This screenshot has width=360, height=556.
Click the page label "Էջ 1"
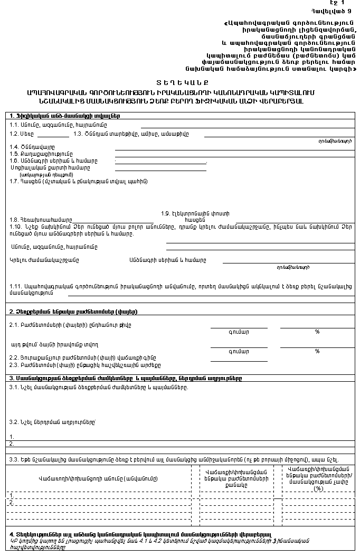[x=344, y=3]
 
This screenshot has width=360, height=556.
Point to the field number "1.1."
[x=14, y=125]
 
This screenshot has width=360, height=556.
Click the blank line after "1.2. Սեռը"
[x=53, y=136]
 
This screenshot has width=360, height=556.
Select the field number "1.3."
[x=79, y=134]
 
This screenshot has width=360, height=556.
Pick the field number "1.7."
[x=14, y=181]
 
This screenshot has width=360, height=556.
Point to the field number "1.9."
[x=167, y=213]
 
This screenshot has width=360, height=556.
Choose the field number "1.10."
[x=16, y=227]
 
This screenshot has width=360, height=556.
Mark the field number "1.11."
[x=16, y=286]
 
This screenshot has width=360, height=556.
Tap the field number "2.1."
[x=14, y=325]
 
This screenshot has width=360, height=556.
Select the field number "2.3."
[x=14, y=364]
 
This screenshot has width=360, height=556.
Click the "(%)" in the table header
[x=318, y=488]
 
